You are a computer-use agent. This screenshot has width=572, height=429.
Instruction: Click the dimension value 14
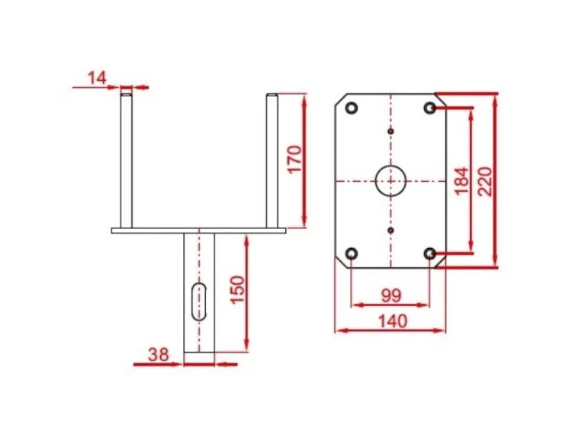[x=97, y=78]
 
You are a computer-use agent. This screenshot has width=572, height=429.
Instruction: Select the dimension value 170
[x=294, y=160]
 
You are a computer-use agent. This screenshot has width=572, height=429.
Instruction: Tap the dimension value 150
[x=237, y=290]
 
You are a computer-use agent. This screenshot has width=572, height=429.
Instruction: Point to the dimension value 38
[x=159, y=354]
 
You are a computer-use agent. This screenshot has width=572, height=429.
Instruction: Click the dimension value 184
[x=462, y=181]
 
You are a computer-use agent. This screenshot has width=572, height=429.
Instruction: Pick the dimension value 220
[x=485, y=182]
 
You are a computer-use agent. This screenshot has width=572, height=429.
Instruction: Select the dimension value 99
[x=391, y=295]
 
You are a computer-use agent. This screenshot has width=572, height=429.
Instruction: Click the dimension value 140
[x=393, y=321]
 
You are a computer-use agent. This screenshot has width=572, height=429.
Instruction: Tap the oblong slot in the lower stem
[x=199, y=302]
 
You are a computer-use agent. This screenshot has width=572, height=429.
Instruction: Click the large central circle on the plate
[x=390, y=181]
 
